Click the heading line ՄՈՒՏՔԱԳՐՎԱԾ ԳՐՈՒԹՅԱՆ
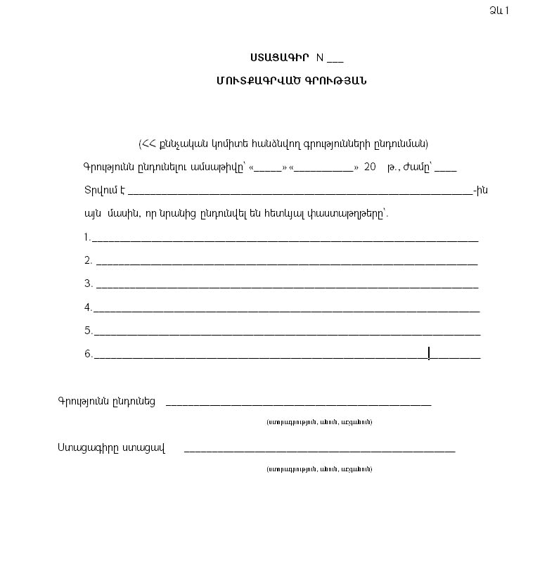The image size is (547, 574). [x=291, y=80]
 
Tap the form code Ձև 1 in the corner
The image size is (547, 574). [x=498, y=10]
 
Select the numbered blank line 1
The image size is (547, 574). [x=285, y=240]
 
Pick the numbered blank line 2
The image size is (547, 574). [x=286, y=264]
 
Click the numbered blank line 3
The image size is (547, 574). [x=286, y=287]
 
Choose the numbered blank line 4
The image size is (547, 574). [x=286, y=310]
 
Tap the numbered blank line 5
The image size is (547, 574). [x=286, y=334]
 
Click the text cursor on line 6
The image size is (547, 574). [x=429, y=353]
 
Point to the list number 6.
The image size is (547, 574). [x=88, y=354]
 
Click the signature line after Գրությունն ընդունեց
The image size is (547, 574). [x=298, y=404]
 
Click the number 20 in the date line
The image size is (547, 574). [x=370, y=167]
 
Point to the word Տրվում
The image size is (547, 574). [x=99, y=191]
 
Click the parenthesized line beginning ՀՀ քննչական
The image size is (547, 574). [x=283, y=143]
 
